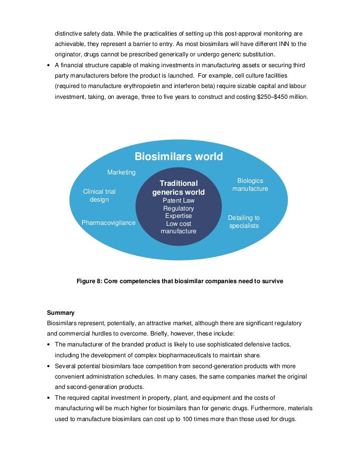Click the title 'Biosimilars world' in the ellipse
click(179, 157)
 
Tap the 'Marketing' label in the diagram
click(121, 172)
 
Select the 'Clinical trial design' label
click(99, 196)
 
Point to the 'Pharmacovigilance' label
click(108, 223)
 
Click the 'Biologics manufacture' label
click(250, 185)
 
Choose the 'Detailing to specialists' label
click(244, 221)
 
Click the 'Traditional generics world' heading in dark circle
click(179, 188)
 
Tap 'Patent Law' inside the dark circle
click(179, 201)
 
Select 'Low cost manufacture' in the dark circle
click(179, 227)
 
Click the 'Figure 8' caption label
click(89, 282)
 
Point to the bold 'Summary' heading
click(61, 313)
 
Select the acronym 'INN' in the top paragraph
click(276, 43)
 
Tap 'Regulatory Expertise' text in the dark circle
click(179, 212)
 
